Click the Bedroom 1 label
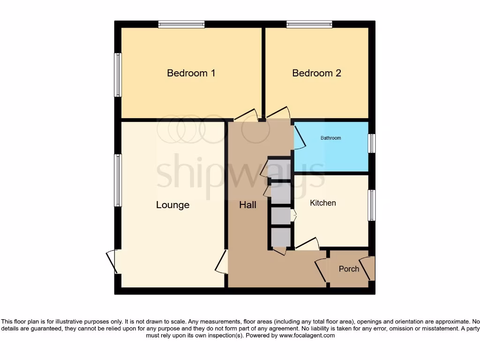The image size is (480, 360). click(x=191, y=73)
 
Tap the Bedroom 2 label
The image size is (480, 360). click(x=316, y=73)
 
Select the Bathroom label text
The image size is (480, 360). click(x=330, y=138)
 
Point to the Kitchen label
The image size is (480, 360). click(x=323, y=203)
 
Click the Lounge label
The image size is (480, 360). click(x=172, y=205)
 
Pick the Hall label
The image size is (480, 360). click(x=247, y=205)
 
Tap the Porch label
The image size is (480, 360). click(x=349, y=269)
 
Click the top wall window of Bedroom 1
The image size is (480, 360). click(x=181, y=24)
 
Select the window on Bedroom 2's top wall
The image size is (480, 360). click(x=309, y=24)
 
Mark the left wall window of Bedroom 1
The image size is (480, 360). click(x=118, y=75)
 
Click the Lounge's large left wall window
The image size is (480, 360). click(x=118, y=180)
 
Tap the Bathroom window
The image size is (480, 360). click(x=371, y=143)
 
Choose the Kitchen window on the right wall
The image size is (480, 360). click(x=371, y=205)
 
